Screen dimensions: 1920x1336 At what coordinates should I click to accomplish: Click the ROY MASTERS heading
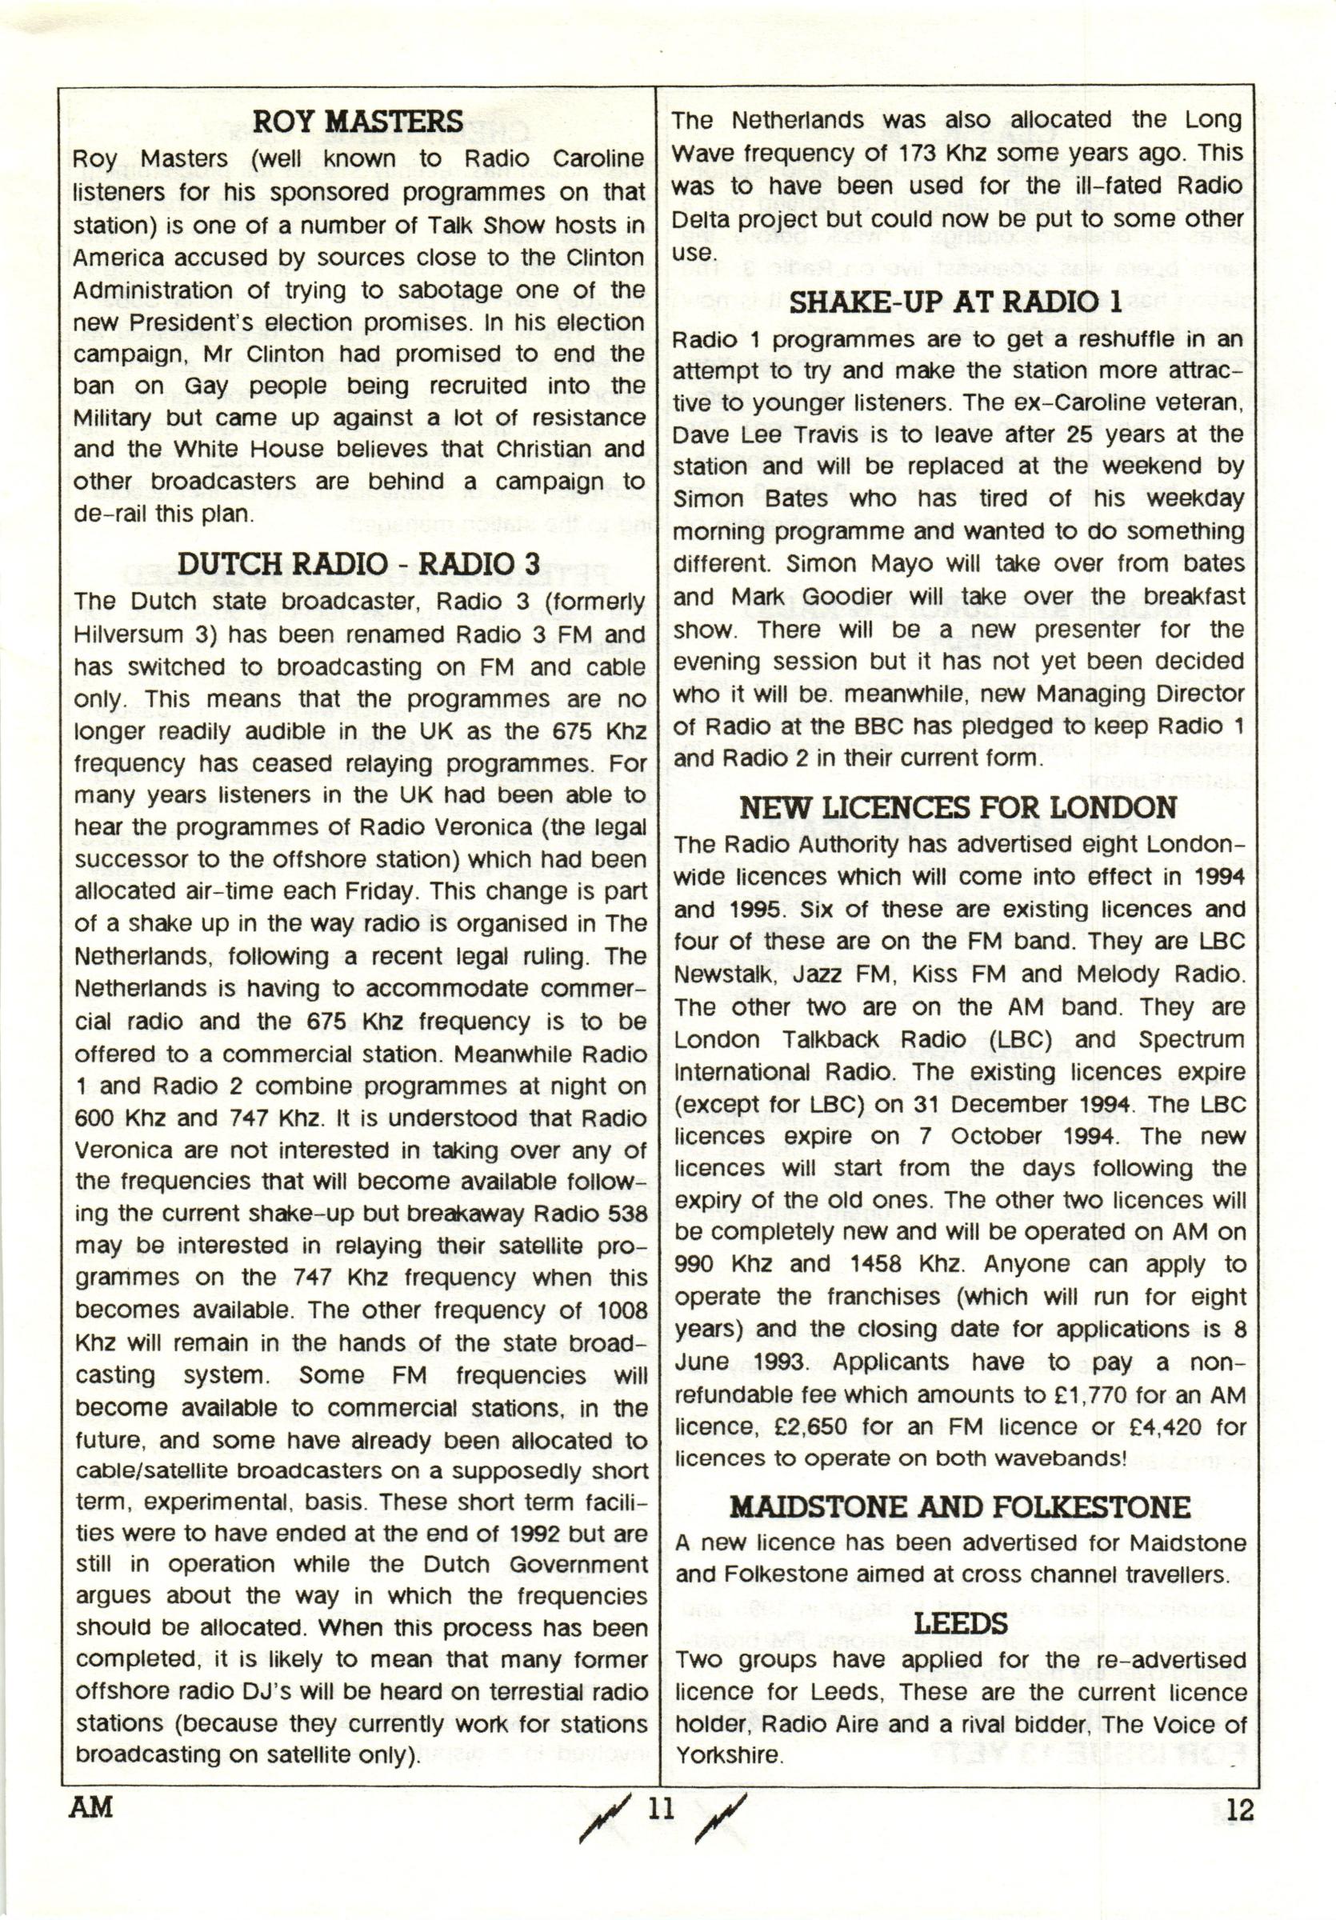[357, 122]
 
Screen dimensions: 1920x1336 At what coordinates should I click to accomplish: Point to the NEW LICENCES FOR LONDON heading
[958, 808]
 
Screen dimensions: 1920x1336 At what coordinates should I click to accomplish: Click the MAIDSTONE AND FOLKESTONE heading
[960, 1507]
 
